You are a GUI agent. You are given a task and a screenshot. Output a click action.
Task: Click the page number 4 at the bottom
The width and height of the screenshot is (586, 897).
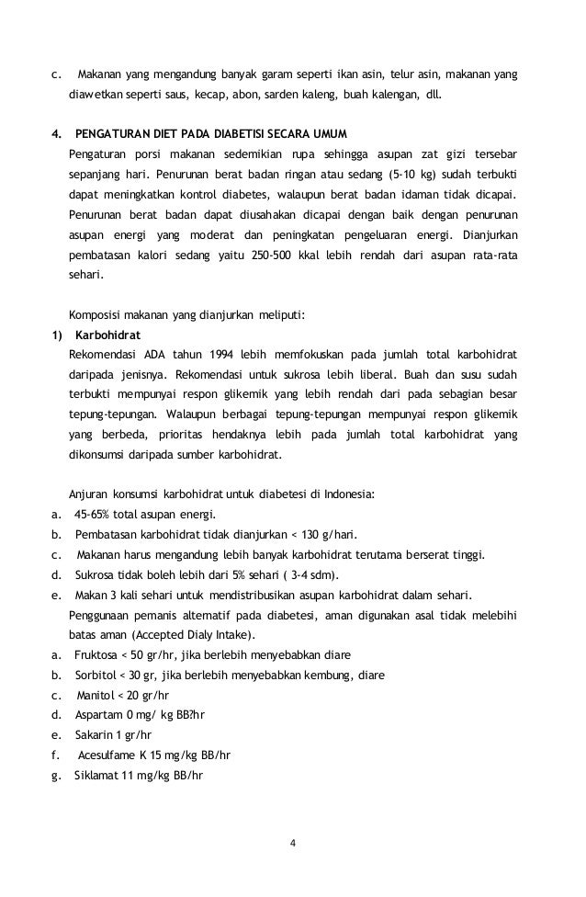point(293,844)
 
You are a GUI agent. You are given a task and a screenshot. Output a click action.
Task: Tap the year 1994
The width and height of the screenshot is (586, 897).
point(229,354)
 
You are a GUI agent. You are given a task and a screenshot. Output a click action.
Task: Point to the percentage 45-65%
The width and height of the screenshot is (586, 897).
point(96,515)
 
